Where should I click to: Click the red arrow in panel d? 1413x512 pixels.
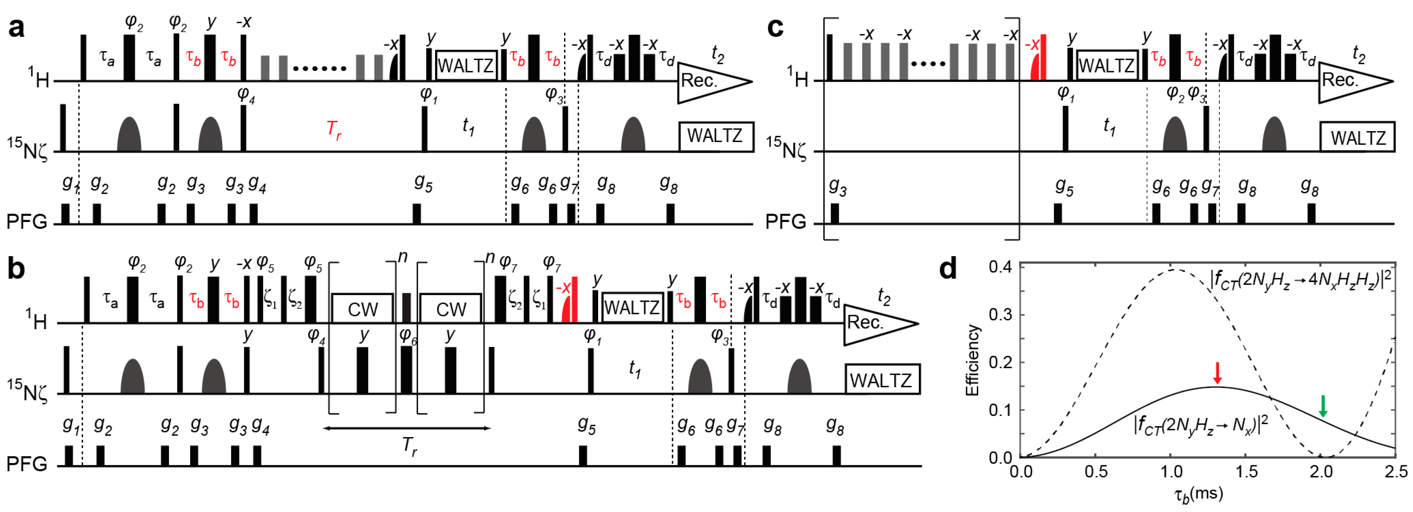(x=1217, y=373)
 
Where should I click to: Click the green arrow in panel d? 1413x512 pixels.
(x=1322, y=406)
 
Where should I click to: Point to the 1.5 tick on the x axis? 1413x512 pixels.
(x=1247, y=472)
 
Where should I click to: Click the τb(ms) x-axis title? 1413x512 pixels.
(x=1198, y=494)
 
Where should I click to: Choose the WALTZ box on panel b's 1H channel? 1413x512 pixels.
(x=633, y=308)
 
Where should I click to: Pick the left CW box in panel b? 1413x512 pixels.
(x=363, y=308)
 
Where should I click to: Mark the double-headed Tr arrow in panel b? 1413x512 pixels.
(x=406, y=428)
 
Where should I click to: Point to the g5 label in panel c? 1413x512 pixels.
(x=1064, y=187)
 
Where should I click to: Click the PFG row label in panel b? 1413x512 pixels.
(x=26, y=464)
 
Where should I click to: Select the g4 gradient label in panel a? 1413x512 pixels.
(x=257, y=185)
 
